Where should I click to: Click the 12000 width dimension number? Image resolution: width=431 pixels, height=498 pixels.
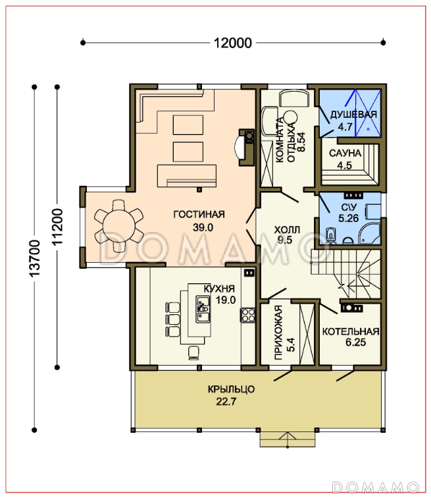pyautogui.click(x=233, y=43)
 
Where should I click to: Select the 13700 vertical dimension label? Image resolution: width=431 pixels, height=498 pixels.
pyautogui.click(x=34, y=258)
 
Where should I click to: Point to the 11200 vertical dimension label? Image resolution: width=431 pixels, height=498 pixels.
pyautogui.click(x=57, y=227)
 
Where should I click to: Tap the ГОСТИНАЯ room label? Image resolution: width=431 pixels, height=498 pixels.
pyautogui.click(x=199, y=214)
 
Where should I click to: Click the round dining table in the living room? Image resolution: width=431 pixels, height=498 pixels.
pyautogui.click(x=119, y=226)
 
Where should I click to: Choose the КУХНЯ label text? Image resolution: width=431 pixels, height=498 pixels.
pyautogui.click(x=219, y=289)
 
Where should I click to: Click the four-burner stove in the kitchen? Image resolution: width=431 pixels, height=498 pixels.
pyautogui.click(x=247, y=316)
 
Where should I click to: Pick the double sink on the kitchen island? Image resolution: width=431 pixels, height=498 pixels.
pyautogui.click(x=203, y=309)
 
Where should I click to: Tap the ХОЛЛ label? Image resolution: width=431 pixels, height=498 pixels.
pyautogui.click(x=287, y=230)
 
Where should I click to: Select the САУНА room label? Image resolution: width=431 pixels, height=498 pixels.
pyautogui.click(x=345, y=153)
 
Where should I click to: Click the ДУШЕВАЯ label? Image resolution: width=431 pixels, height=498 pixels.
pyautogui.click(x=353, y=115)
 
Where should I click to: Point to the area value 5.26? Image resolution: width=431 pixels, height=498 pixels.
pyautogui.click(x=349, y=218)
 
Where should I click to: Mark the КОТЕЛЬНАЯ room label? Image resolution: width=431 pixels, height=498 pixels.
pyautogui.click(x=351, y=331)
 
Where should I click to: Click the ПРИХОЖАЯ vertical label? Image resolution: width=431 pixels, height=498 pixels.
pyautogui.click(x=278, y=332)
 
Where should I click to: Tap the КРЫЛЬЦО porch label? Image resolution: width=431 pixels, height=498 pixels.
pyautogui.click(x=231, y=389)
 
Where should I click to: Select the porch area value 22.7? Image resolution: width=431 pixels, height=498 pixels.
pyautogui.click(x=226, y=402)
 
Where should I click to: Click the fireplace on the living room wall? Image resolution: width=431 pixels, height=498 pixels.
pyautogui.click(x=246, y=148)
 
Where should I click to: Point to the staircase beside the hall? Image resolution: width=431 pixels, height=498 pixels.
pyautogui.click(x=345, y=273)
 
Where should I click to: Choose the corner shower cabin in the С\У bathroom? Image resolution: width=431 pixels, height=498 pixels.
pyautogui.click(x=369, y=233)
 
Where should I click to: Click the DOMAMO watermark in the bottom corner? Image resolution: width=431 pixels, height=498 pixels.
pyautogui.click(x=376, y=487)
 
